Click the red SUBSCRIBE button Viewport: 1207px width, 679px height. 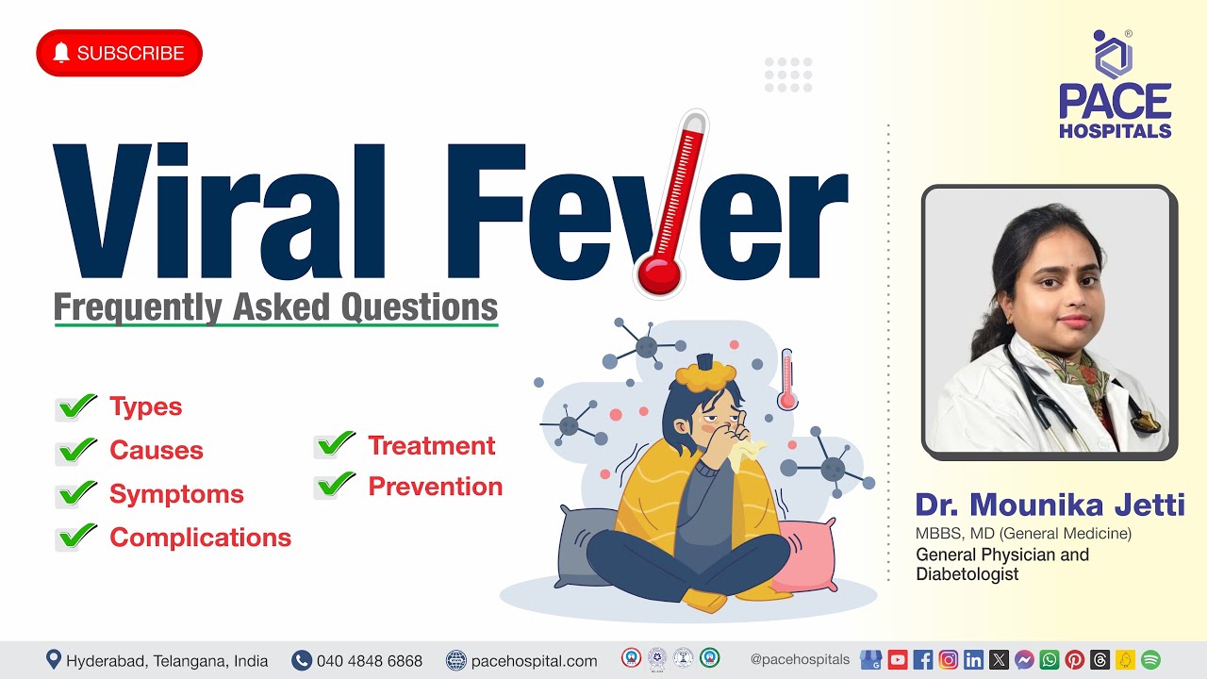pos(119,53)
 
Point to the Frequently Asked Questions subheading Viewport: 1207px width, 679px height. pos(275,307)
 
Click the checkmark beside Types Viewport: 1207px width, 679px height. pos(76,406)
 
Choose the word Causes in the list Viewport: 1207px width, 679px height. pos(156,450)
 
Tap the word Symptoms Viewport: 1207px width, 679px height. pos(176,494)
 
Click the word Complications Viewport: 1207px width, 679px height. pos(200,538)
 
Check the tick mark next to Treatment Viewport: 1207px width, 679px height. pos(335,444)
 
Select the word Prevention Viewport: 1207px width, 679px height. pos(435,487)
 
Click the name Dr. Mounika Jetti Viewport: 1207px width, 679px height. pos(1050,505)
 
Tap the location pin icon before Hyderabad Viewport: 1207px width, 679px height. pos(54,660)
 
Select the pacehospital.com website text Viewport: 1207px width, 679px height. pos(534,661)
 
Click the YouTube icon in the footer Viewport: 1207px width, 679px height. pos(898,660)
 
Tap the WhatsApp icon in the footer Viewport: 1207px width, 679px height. pos(1050,660)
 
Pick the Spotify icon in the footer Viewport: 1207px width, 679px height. pos(1150,660)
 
